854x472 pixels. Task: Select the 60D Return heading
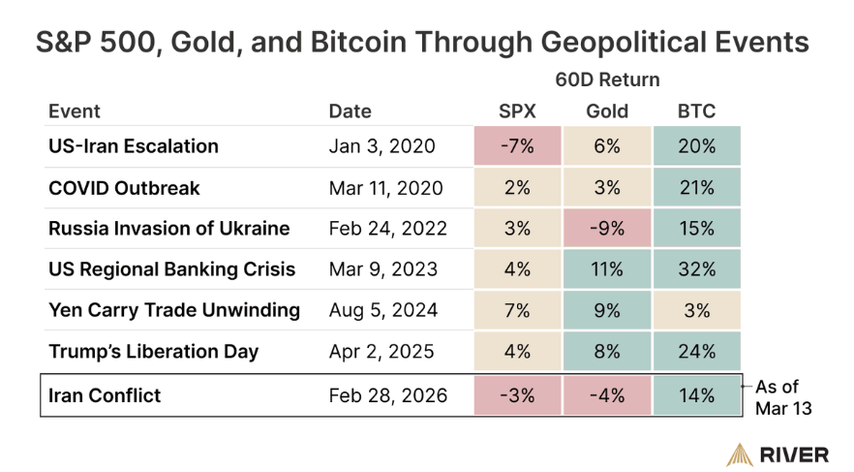[607, 79]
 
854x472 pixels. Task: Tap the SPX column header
[517, 110]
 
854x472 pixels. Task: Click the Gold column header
[607, 110]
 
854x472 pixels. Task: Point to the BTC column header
[696, 110]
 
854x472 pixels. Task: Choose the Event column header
[74, 110]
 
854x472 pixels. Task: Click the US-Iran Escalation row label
[134, 146]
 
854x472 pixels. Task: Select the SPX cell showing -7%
[517, 146]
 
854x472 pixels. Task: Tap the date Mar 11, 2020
[385, 188]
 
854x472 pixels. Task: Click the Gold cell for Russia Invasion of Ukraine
[607, 229]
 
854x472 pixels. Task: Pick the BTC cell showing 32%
[696, 269]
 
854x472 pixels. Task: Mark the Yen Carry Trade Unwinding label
[174, 310]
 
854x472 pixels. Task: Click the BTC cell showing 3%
[696, 310]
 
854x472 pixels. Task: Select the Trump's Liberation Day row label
[153, 351]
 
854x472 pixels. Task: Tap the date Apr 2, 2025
[381, 351]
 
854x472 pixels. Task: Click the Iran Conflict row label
[105, 395]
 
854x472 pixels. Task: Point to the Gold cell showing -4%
[607, 395]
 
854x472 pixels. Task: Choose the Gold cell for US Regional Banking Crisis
[607, 269]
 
